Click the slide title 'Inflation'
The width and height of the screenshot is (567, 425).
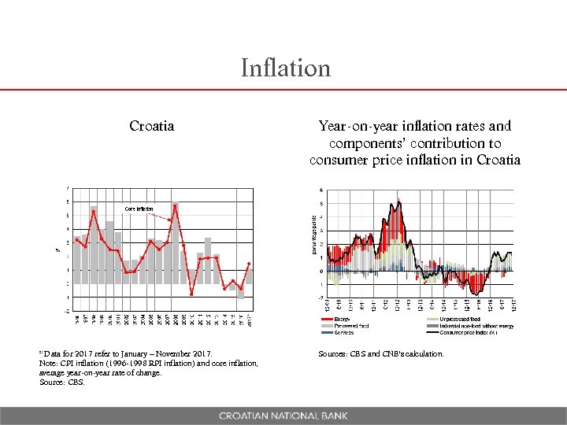click(x=286, y=68)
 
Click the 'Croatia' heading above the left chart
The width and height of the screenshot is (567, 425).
click(x=152, y=126)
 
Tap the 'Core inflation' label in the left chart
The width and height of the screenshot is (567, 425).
click(x=139, y=208)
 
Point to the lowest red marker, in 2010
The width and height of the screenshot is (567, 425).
click(x=191, y=294)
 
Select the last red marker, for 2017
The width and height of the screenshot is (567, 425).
click(x=249, y=264)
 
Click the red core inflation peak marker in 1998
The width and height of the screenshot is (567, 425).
click(x=94, y=212)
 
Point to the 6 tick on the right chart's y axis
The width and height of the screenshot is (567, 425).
click(x=321, y=190)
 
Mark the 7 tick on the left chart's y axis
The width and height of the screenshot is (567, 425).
click(x=67, y=187)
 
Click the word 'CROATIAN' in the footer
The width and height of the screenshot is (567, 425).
click(x=246, y=415)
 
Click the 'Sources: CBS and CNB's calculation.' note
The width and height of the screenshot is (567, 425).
click(x=381, y=354)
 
